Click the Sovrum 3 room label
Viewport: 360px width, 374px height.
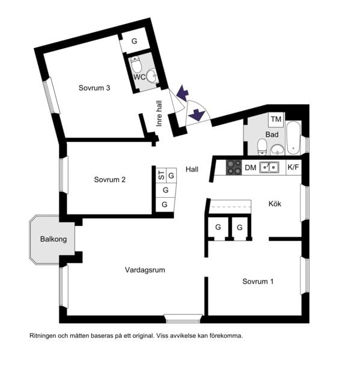point(94,88)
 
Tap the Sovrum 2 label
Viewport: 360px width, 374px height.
point(109,180)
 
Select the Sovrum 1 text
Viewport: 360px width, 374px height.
point(258,281)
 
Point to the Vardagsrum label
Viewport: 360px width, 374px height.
point(145,270)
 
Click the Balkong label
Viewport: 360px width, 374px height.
point(53,239)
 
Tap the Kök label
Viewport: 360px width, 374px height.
point(275,204)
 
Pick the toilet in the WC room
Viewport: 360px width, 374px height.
point(136,64)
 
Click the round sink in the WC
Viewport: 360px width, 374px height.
point(152,76)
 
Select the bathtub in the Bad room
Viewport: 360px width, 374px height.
point(293,138)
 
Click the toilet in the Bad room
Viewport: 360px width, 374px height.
point(262,147)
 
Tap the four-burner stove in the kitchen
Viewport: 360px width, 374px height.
point(234,167)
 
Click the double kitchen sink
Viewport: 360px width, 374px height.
point(269,167)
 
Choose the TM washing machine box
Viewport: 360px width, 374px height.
point(276,120)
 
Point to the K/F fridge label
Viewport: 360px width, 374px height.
point(293,167)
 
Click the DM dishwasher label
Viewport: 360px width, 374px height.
point(251,168)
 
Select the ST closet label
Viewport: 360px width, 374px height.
point(162,176)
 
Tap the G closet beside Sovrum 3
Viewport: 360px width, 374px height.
point(135,41)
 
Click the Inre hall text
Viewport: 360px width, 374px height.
point(159,114)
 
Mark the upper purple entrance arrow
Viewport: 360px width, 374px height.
point(183,93)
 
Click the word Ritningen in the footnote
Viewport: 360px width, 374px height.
point(43,336)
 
